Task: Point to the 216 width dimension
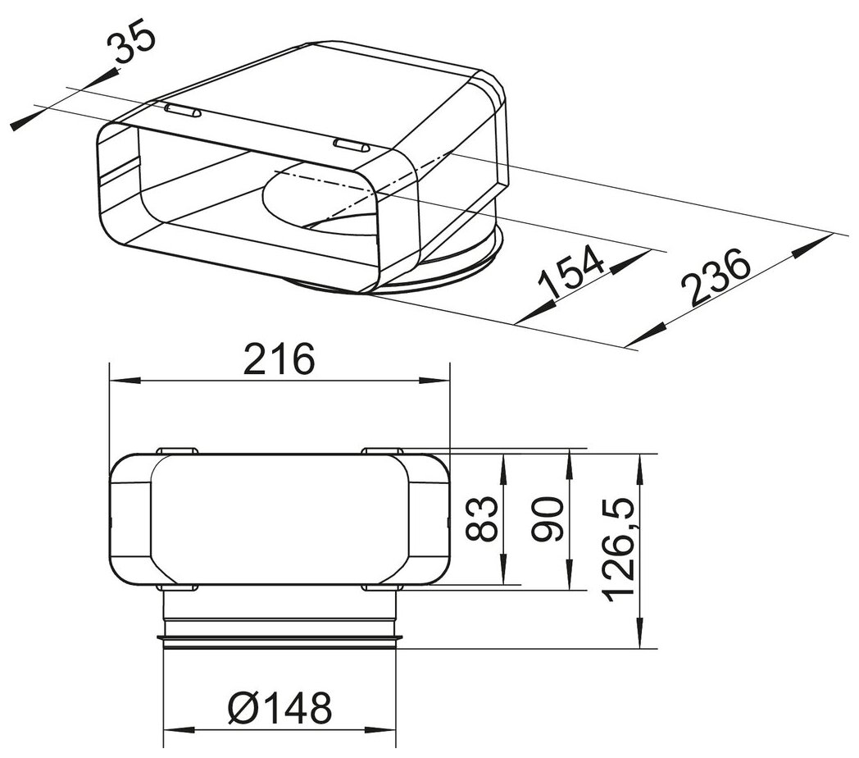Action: pos(280,359)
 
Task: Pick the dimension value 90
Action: pos(549,519)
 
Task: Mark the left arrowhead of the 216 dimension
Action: pos(125,381)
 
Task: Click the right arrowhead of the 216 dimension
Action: pos(434,381)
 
